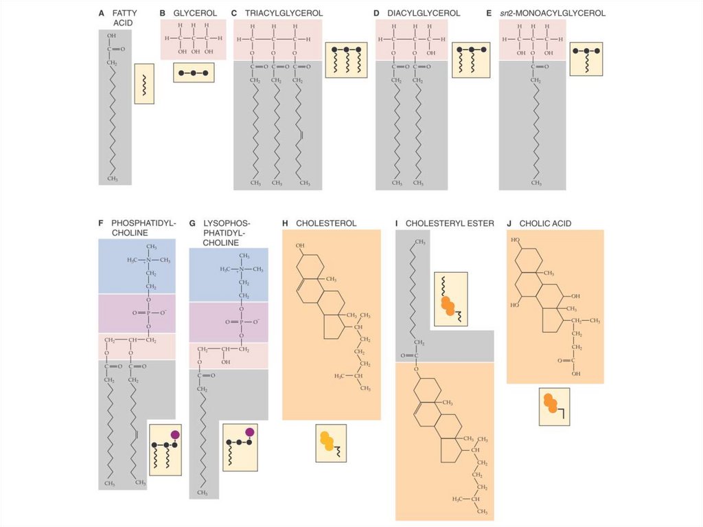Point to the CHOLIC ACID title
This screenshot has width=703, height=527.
pyautogui.click(x=545, y=223)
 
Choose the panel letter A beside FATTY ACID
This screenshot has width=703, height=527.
pyautogui.click(x=102, y=13)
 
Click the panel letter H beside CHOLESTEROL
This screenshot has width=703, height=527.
pyautogui.click(x=285, y=223)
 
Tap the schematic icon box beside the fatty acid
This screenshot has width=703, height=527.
pyautogui.click(x=144, y=84)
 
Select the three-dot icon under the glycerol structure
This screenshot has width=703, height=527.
pyautogui.click(x=194, y=72)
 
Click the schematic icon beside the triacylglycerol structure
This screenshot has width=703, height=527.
pyautogui.click(x=342, y=60)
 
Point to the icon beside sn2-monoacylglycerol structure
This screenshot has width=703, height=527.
pyautogui.click(x=586, y=59)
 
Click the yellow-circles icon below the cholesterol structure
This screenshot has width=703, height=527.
pyautogui.click(x=331, y=443)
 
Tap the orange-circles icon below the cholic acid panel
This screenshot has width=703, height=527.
pyautogui.click(x=554, y=407)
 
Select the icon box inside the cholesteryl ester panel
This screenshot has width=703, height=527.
pyautogui.click(x=450, y=298)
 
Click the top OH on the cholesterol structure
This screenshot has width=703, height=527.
pyautogui.click(x=300, y=245)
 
